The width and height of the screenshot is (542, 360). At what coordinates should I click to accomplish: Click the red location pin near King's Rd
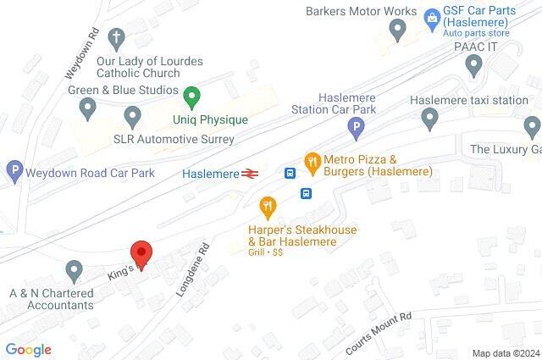point(141,253)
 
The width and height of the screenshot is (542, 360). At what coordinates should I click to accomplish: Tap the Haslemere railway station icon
point(249,174)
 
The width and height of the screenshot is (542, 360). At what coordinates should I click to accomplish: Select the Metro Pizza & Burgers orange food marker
point(312,160)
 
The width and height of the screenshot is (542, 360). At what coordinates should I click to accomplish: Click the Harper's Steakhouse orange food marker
point(268,205)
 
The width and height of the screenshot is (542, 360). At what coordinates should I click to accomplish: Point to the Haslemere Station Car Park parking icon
point(357,129)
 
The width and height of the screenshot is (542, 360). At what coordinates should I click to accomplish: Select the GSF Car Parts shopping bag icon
point(432,16)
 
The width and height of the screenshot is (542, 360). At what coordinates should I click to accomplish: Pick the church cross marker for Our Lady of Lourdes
point(116,38)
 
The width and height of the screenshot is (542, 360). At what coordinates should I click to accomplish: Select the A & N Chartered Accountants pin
point(75,272)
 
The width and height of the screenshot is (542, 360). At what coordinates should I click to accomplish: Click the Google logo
point(28,350)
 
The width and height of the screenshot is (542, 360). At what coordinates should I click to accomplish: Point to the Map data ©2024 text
point(505,353)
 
